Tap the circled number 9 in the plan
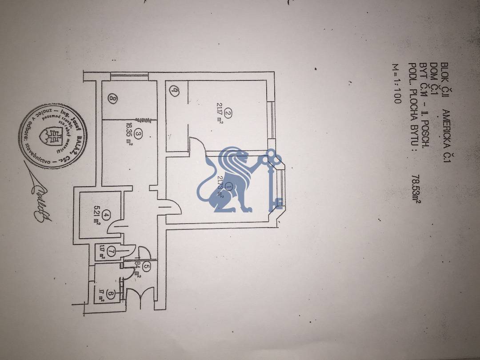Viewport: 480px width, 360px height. (175, 92)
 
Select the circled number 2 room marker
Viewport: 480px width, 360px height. (228, 114)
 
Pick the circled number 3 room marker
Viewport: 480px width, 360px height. (138, 134)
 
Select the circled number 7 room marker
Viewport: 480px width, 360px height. (110, 252)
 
